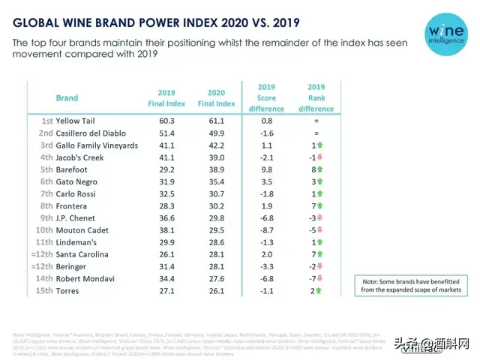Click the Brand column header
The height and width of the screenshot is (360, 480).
click(x=67, y=97)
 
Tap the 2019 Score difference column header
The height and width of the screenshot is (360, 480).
click(x=266, y=97)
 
